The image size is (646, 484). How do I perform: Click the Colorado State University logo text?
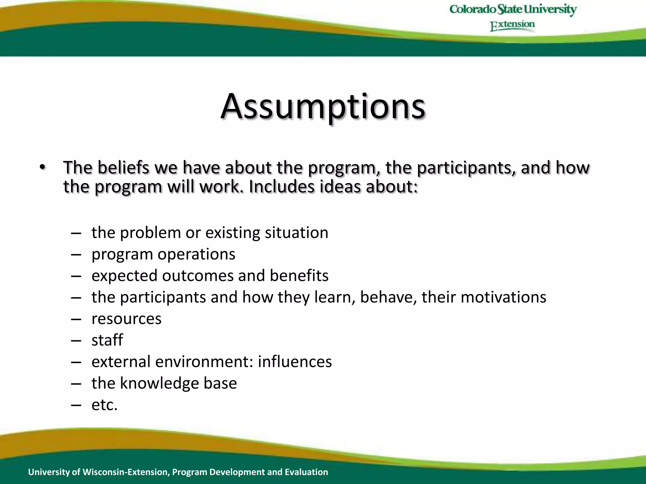click(x=513, y=9)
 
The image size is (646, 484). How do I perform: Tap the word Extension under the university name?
click(x=512, y=25)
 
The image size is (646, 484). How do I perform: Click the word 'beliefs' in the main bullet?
click(x=123, y=167)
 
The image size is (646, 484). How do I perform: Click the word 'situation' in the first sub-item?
click(x=297, y=233)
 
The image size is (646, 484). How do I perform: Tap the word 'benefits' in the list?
click(x=299, y=276)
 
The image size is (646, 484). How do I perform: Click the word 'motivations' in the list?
click(x=503, y=297)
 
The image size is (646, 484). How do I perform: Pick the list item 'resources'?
click(x=126, y=319)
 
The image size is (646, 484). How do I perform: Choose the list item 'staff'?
click(x=107, y=340)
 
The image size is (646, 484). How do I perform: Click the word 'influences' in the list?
click(x=295, y=362)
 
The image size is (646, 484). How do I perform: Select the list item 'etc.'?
click(x=104, y=405)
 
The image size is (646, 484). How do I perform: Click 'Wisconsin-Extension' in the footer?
click(x=126, y=472)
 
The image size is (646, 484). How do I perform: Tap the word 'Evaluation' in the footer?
click(x=306, y=472)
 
